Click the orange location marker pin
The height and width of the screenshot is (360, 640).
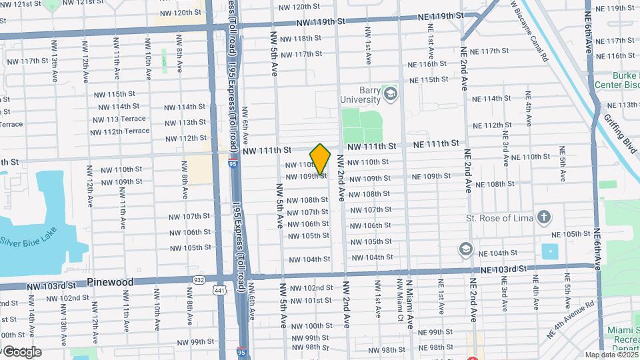point(320,159)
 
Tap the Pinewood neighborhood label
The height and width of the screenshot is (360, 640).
point(110,282)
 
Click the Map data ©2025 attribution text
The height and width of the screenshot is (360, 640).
point(611,355)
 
